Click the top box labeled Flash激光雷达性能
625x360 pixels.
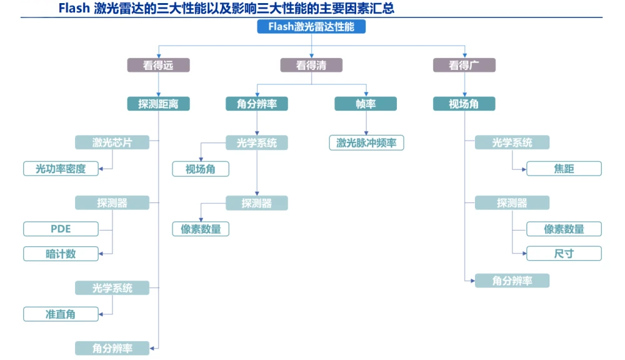coord(311,26)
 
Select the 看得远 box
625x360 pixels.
coord(158,65)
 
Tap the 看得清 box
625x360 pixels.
coord(311,65)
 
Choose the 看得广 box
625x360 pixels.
coord(464,65)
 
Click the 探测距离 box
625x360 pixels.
coord(158,104)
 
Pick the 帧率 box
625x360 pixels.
coord(366,104)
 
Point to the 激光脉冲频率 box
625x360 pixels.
coord(366,143)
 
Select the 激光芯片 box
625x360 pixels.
coord(112,142)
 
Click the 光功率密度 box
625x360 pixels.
coord(61,169)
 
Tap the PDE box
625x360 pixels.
coord(61,229)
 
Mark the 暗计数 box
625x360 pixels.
coord(61,254)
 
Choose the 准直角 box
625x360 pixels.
coord(61,314)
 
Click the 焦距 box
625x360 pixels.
coord(564,169)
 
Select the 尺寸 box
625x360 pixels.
coord(564,254)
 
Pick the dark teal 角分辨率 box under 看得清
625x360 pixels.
coord(257,104)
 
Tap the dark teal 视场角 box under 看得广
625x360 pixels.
coord(464,104)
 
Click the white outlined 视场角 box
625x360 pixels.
coord(201,169)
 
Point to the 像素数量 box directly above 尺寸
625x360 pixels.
coord(564,229)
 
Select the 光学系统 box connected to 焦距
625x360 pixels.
coord(512,142)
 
